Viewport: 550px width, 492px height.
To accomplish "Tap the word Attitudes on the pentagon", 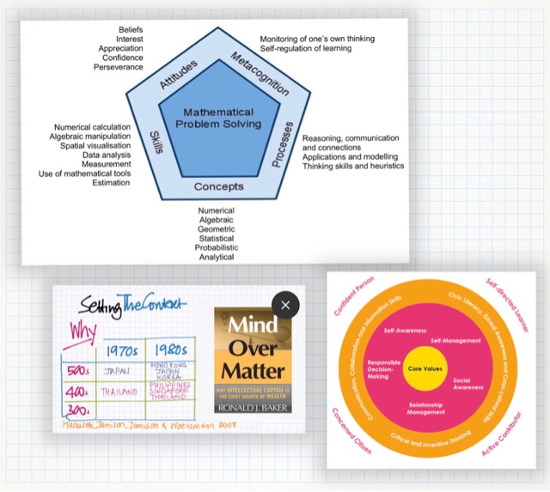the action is pyautogui.click(x=179, y=75).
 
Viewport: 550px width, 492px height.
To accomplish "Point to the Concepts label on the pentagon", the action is pyautogui.click(x=218, y=186).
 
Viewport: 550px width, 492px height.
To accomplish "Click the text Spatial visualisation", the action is pyautogui.click(x=95, y=146).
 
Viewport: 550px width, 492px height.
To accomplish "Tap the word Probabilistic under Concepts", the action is pyautogui.click(x=216, y=247).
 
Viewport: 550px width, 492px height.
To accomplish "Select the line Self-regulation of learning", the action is pyautogui.click(x=306, y=48).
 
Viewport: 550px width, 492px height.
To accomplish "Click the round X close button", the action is pyautogui.click(x=285, y=303).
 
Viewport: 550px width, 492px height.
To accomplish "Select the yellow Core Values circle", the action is pyautogui.click(x=427, y=369).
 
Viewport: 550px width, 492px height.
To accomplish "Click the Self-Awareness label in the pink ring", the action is pyautogui.click(x=401, y=331).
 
